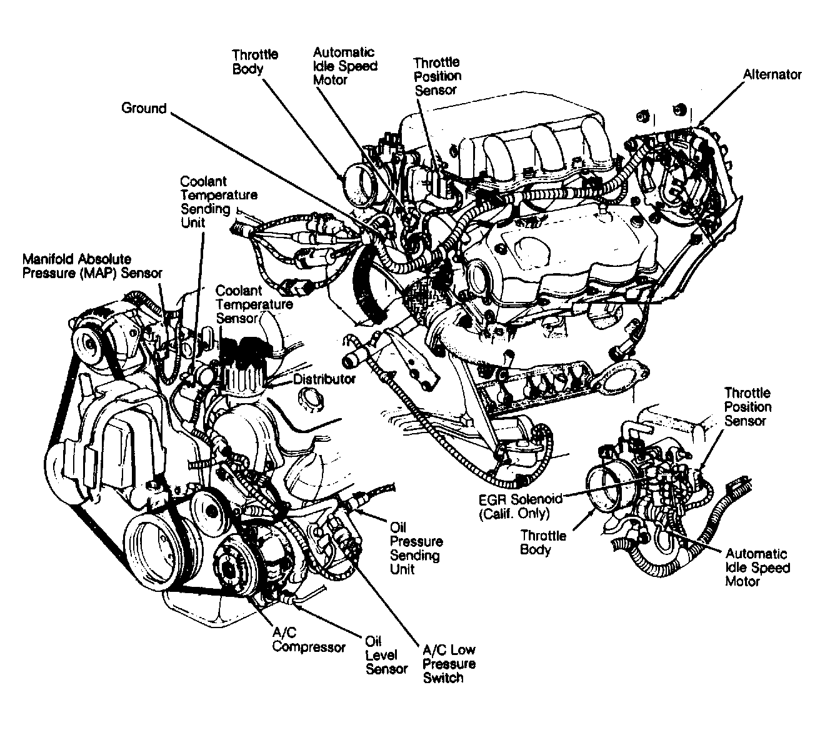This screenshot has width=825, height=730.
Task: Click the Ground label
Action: pos(144,109)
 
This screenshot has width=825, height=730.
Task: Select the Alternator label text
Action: pos(772,75)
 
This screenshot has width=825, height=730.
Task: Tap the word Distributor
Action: pos(324,379)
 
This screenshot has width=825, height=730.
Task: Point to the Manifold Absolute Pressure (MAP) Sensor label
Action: pos(92,266)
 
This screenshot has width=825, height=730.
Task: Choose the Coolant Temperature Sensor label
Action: pos(254,304)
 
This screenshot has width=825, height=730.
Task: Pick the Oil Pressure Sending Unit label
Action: pos(416,548)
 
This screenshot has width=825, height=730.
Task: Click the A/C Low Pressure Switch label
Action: pos(449,664)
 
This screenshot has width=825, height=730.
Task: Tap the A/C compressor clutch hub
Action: pos(226,566)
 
